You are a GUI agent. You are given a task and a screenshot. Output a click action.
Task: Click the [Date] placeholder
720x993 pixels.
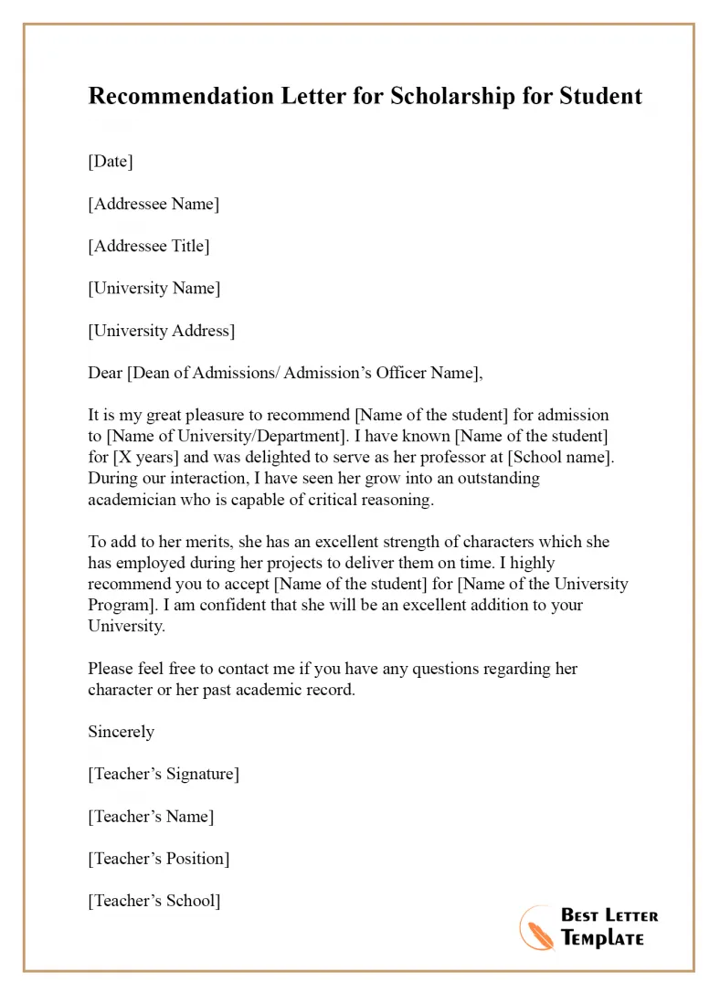(111, 162)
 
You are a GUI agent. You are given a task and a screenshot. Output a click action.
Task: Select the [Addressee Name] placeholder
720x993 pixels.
(154, 204)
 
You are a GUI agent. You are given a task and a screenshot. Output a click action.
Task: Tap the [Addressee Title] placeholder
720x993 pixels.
(149, 246)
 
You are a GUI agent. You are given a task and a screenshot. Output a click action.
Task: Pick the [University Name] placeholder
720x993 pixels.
(154, 288)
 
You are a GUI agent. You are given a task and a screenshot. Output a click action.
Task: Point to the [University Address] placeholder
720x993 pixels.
(162, 331)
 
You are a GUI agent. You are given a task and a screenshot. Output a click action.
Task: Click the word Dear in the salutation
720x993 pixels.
(105, 373)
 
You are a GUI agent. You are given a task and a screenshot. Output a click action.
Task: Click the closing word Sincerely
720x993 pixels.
(122, 732)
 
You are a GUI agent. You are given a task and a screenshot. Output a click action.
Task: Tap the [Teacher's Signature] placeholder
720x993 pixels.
(164, 774)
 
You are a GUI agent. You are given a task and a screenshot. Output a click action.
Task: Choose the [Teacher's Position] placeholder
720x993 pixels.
(159, 858)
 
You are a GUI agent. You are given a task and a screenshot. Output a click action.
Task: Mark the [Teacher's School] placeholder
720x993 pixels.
(154, 900)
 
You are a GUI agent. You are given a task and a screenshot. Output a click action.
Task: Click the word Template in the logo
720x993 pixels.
(603, 938)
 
